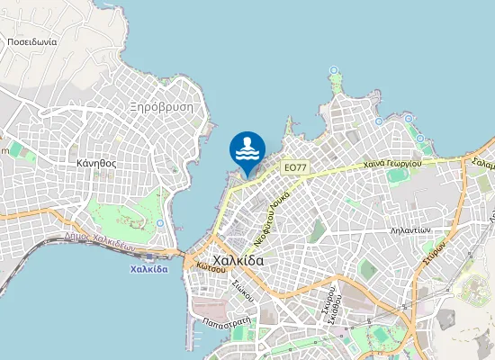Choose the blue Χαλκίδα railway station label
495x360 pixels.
coord(149,269)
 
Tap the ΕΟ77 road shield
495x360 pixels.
coord(294,167)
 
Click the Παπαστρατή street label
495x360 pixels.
coord(226,320)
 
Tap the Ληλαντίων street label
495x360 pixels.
coord(410,230)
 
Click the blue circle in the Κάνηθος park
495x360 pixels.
coord(159,222)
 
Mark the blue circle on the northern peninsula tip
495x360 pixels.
coord(334,70)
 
